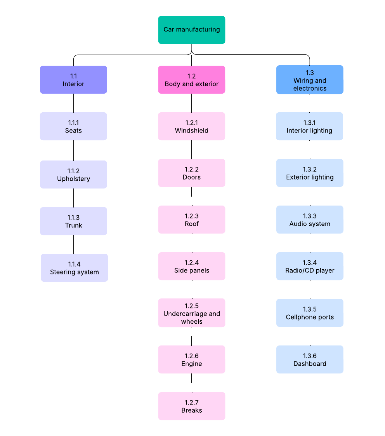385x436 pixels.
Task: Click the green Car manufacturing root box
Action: click(191, 30)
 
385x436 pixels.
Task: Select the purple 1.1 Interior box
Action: click(73, 80)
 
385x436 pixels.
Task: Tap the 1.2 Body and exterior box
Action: click(191, 80)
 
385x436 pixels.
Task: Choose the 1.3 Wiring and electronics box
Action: click(310, 80)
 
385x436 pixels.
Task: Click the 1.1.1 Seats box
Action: click(73, 126)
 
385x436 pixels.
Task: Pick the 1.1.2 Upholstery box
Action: click(73, 174)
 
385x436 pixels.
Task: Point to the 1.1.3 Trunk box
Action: click(73, 221)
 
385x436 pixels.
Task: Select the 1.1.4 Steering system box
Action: click(74, 268)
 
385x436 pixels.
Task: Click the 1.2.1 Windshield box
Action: click(191, 126)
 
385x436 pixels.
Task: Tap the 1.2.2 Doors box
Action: click(191, 173)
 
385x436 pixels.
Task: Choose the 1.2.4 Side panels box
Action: click(191, 266)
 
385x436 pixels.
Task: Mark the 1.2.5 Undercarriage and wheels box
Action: click(191, 313)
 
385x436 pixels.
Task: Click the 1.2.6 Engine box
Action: click(191, 359)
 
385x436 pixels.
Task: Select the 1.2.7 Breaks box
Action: click(191, 406)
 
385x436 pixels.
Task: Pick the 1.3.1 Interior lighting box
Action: click(309, 126)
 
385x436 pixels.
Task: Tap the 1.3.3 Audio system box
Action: click(310, 220)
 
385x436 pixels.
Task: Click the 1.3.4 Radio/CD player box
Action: click(310, 266)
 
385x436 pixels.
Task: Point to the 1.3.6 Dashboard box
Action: click(310, 359)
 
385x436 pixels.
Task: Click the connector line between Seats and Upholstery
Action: click(73, 150)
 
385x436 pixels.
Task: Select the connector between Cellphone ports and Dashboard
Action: click(310, 336)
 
